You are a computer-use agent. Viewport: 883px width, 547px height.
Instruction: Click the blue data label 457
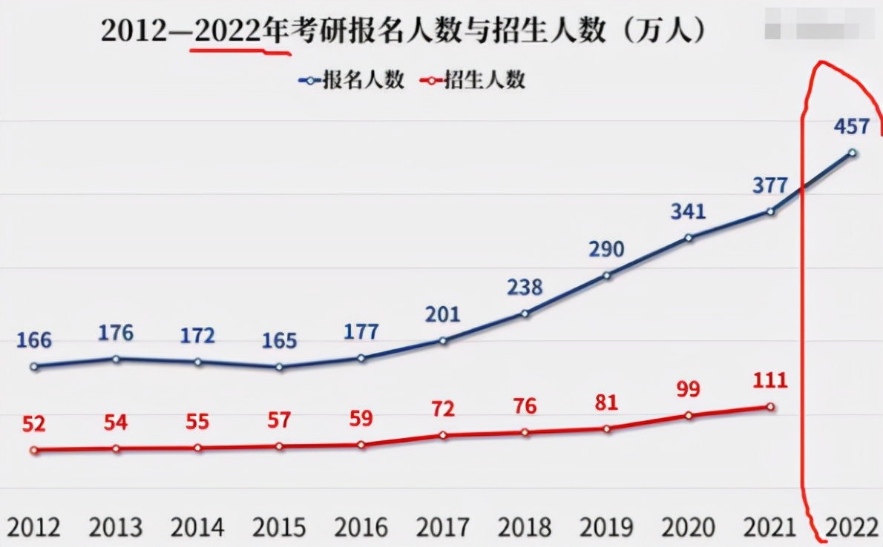click(x=851, y=127)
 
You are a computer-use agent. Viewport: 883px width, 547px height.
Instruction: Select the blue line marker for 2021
click(x=770, y=212)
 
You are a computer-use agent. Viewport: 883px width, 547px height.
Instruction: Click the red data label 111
click(x=769, y=381)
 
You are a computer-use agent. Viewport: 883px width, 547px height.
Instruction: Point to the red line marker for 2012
click(x=33, y=450)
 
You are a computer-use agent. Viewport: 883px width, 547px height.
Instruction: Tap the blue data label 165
click(x=279, y=342)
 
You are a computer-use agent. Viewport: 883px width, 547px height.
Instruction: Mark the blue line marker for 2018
click(x=525, y=314)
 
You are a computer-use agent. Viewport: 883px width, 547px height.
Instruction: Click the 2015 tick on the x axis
click(x=279, y=528)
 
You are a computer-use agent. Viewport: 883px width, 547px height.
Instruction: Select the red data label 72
click(x=442, y=408)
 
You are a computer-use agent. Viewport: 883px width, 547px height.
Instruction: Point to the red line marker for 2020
click(x=689, y=416)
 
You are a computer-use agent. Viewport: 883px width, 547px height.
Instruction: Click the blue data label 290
click(x=606, y=249)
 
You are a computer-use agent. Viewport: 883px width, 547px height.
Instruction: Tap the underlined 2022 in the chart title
click(x=228, y=31)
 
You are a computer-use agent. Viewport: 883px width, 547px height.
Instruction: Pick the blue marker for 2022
click(x=853, y=153)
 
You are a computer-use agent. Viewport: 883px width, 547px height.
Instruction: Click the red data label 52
click(x=33, y=424)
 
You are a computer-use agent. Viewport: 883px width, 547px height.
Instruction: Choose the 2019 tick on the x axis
click(x=606, y=528)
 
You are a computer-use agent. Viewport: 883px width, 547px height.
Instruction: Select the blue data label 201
click(x=442, y=314)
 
